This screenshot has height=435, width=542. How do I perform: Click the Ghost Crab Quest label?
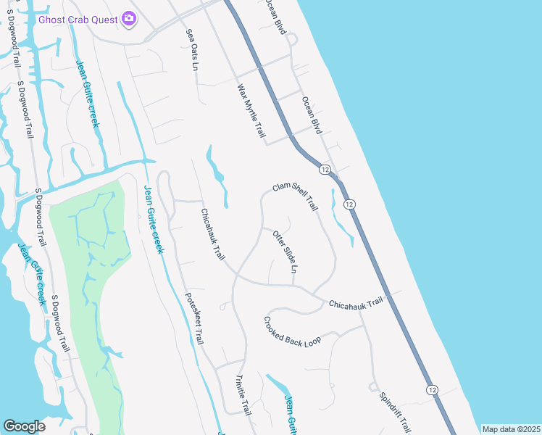(79, 19)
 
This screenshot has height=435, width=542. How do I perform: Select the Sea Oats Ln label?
(192, 50)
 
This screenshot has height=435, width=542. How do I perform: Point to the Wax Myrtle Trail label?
(251, 112)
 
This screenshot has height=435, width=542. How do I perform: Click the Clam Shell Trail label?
(296, 196)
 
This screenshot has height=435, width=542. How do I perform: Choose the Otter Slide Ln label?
(285, 252)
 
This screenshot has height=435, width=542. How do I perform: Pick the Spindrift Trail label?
(395, 413)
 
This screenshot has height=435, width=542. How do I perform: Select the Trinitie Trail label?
(243, 395)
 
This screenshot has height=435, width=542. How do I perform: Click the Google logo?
(24, 426)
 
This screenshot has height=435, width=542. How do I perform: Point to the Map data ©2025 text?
(510, 429)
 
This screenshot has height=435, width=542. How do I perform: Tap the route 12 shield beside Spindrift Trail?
(433, 389)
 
